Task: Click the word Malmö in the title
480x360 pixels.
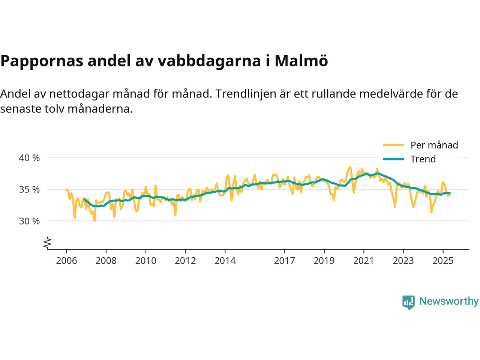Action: [301, 61]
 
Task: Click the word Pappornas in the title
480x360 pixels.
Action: [41, 61]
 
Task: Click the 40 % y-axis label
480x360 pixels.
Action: [29, 158]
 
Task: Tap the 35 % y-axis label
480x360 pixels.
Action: [29, 189]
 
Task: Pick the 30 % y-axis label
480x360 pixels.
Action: [29, 221]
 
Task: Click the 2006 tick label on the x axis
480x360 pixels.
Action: [66, 261]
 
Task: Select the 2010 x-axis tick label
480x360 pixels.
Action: [145, 261]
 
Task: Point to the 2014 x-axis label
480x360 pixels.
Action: [225, 261]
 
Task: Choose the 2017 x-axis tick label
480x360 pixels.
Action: [284, 261]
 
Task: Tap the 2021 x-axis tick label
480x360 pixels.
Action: [364, 261]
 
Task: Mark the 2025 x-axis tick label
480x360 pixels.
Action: [443, 261]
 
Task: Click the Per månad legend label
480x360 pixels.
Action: [434, 145]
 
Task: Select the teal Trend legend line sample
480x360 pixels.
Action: [393, 159]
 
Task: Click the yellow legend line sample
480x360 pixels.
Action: [393, 145]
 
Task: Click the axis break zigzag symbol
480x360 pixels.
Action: [47, 243]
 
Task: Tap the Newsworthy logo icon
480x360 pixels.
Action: [408, 302]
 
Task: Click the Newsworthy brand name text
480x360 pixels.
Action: [448, 301]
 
